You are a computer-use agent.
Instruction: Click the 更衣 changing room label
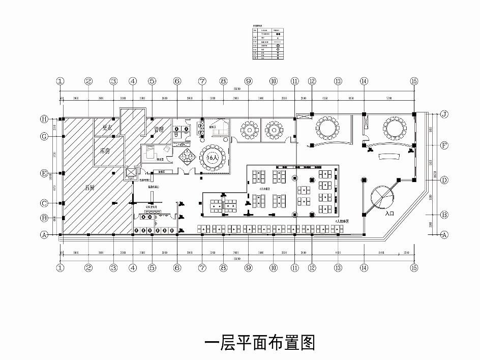pyautogui.click(x=107, y=128)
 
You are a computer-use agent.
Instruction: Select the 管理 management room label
pyautogui.click(x=159, y=130)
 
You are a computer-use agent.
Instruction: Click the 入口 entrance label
pyautogui.click(x=391, y=214)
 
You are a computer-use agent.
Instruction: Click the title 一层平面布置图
pyautogui.click(x=259, y=342)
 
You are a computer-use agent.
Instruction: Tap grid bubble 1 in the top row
pyautogui.click(x=61, y=81)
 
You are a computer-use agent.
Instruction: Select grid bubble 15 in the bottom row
pyautogui.click(x=414, y=267)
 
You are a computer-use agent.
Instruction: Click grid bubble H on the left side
pyautogui.click(x=44, y=119)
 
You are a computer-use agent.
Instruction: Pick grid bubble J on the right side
pyautogui.click(x=443, y=114)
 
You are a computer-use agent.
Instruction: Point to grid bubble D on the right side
pyautogui.click(x=443, y=180)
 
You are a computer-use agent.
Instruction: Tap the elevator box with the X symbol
pyautogui.click(x=131, y=173)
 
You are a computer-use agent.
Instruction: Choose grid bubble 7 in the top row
pyautogui.click(x=202, y=81)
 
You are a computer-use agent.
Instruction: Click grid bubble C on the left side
pyautogui.click(x=44, y=203)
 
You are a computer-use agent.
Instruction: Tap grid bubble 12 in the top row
pyautogui.click(x=312, y=81)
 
